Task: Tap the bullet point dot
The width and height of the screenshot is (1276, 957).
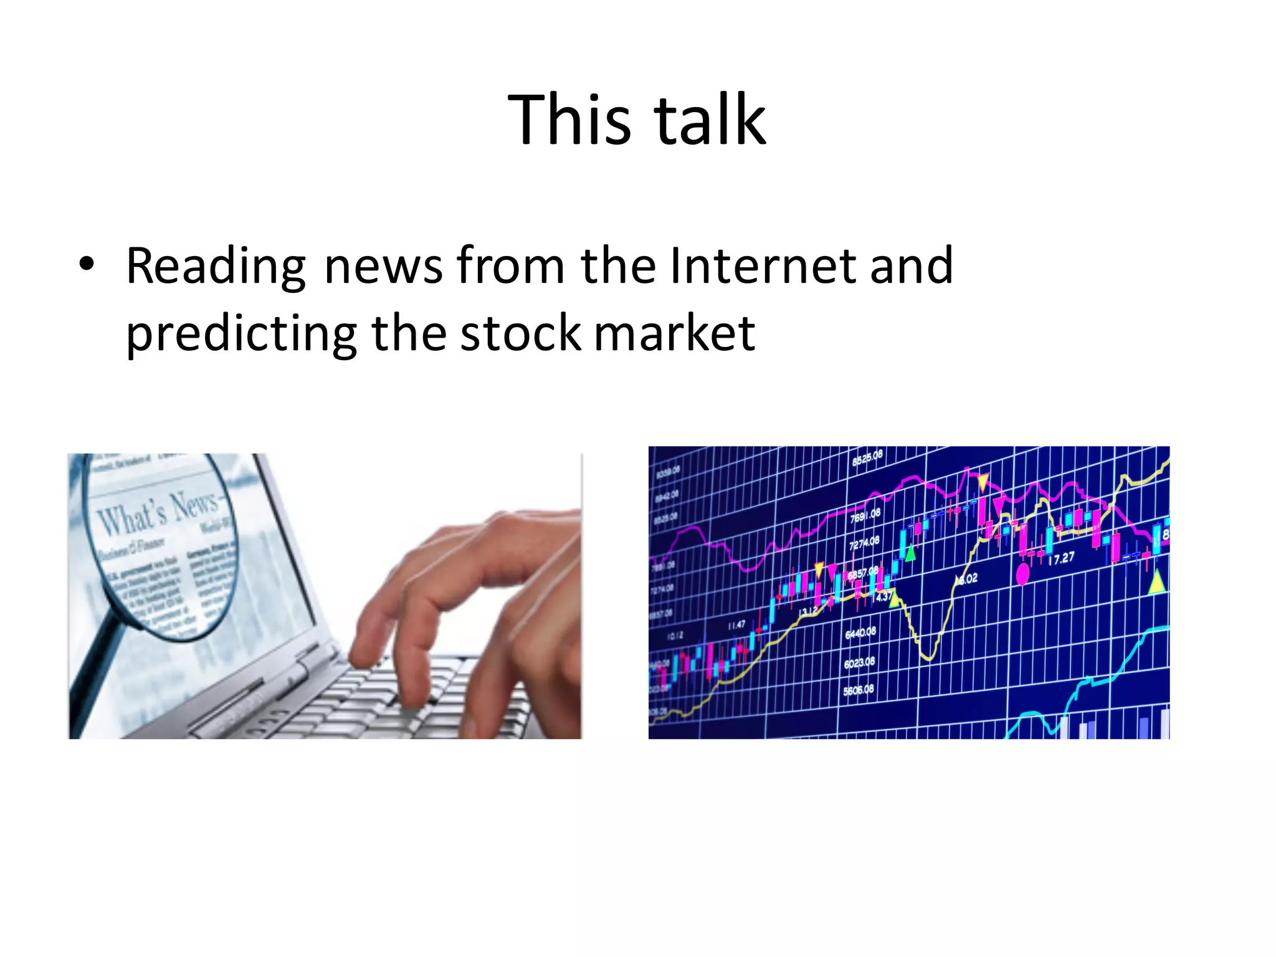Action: (87, 264)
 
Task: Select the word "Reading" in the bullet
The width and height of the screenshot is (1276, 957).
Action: (216, 267)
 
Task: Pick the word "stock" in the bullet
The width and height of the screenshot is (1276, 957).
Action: (520, 333)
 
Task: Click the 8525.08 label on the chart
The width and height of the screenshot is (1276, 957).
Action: (867, 458)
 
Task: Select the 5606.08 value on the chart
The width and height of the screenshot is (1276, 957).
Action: (859, 690)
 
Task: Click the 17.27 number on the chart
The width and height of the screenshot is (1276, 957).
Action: (1061, 558)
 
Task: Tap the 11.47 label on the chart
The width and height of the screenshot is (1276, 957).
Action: (736, 624)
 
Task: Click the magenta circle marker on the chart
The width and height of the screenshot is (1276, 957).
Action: (1022, 573)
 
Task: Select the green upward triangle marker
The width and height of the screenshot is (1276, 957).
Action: (910, 552)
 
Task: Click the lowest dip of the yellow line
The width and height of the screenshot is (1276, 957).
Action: (928, 656)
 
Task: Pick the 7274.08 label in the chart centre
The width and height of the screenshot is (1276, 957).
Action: (864, 542)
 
